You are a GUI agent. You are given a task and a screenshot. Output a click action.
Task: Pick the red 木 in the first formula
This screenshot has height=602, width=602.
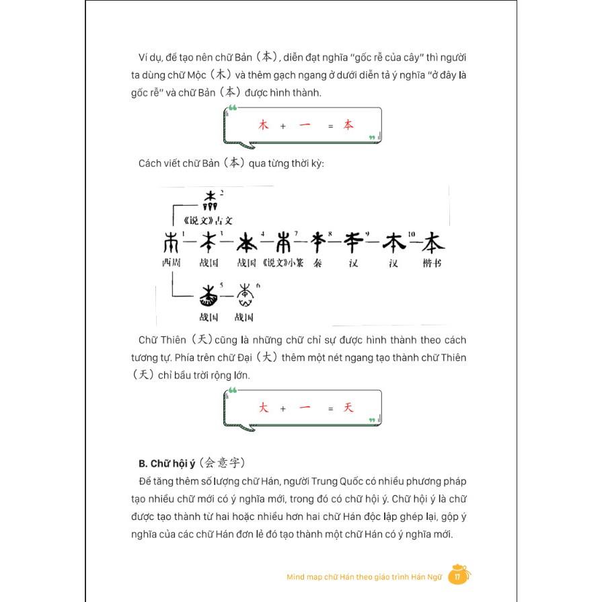(263, 125)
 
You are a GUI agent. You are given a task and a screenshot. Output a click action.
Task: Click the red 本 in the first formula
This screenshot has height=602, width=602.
(348, 125)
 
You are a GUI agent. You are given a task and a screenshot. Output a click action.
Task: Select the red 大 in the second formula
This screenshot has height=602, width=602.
(263, 408)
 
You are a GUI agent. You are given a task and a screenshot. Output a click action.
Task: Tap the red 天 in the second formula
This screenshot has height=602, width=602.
(348, 408)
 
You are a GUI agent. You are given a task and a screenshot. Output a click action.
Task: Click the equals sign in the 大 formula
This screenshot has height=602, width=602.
(330, 409)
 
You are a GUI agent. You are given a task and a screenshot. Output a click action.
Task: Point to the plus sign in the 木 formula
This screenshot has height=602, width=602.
(283, 126)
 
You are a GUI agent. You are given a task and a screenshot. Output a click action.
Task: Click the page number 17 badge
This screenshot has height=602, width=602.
(457, 576)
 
